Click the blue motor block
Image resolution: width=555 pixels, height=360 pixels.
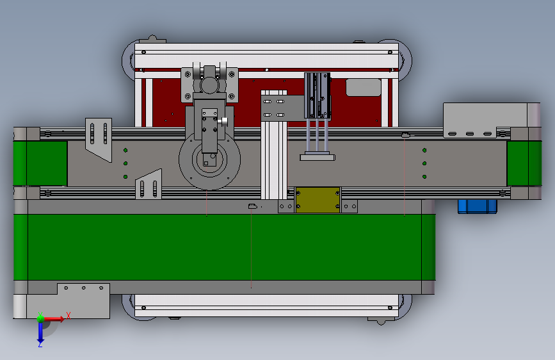[477, 206]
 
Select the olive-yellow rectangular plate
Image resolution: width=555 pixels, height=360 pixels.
[318, 200]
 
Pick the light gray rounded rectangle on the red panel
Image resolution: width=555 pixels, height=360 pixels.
[363, 88]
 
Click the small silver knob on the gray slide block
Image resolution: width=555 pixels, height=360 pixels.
[223, 122]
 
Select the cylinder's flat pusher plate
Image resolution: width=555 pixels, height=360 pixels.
[318, 157]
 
